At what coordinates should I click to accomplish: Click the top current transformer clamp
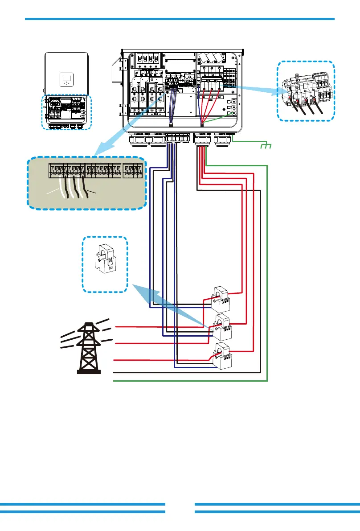pyautogui.click(x=222, y=298)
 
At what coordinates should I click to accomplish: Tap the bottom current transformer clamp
pyautogui.click(x=223, y=356)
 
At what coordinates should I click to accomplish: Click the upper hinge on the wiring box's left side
pyautogui.click(x=118, y=67)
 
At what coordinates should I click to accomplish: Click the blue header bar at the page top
pyautogui.click(x=180, y=19)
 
